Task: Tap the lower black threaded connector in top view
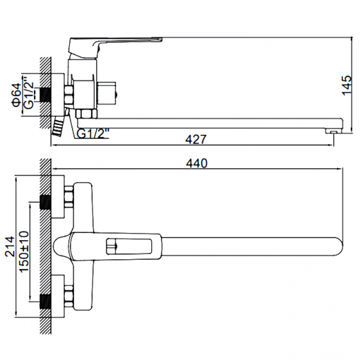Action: tap(46, 302)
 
